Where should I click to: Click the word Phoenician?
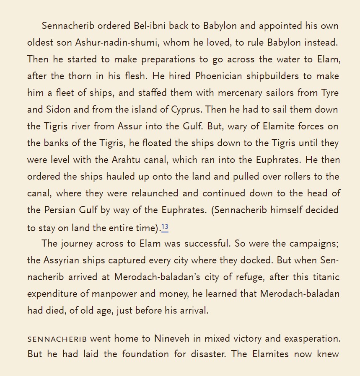coord(219,76)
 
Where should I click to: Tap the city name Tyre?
coord(330,93)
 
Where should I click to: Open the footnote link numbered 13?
coord(165,227)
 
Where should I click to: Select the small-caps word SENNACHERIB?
coord(57,339)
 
